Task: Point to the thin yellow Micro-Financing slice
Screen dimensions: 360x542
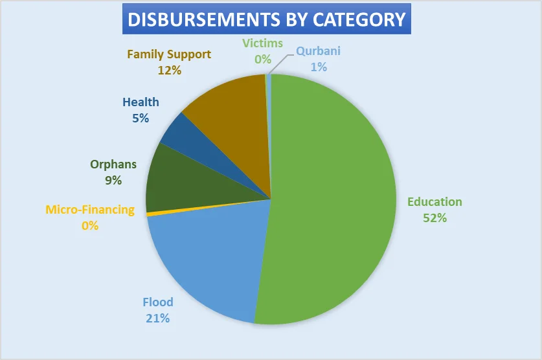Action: [x=155, y=213]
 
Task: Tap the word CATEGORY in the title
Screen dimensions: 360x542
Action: [x=360, y=19]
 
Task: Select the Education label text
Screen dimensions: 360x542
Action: [x=435, y=202]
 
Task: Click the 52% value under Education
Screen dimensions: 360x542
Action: [x=435, y=218]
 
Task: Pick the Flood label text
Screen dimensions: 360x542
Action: [x=158, y=302]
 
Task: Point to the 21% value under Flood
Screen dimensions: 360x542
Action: [x=158, y=318]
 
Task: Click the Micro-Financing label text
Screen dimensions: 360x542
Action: [x=90, y=210]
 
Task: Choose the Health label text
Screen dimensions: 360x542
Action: [x=141, y=102]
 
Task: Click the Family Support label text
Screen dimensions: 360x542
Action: [x=169, y=54]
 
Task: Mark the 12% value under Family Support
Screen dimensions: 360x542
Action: [x=169, y=70]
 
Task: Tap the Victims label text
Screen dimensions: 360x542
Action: [x=263, y=43]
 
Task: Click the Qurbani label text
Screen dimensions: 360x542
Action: [x=318, y=51]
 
